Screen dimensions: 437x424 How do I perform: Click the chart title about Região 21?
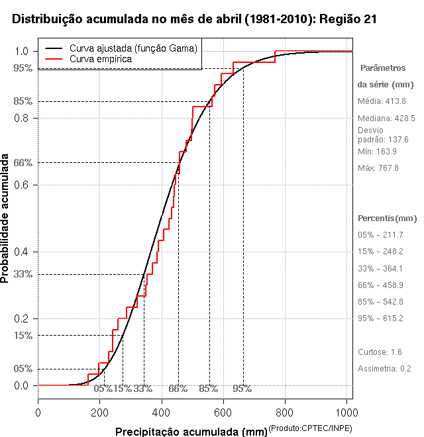[x=195, y=20]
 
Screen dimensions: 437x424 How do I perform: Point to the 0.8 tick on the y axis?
[x=22, y=118]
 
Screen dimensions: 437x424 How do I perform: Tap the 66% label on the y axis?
[x=23, y=162]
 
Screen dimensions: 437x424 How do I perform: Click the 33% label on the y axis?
[x=23, y=274]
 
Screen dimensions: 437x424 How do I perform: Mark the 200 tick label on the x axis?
[x=100, y=412]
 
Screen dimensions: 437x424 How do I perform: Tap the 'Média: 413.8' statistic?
[x=382, y=101]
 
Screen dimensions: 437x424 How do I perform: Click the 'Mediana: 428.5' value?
[x=386, y=118]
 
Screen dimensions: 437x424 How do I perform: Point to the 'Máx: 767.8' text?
[x=378, y=168]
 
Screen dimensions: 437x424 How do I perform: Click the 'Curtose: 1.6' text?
[x=379, y=352]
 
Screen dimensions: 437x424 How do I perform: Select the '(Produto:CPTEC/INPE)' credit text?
[x=310, y=428]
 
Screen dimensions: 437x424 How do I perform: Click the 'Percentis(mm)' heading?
[x=387, y=218]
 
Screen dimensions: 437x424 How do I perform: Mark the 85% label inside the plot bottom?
[x=208, y=389]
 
